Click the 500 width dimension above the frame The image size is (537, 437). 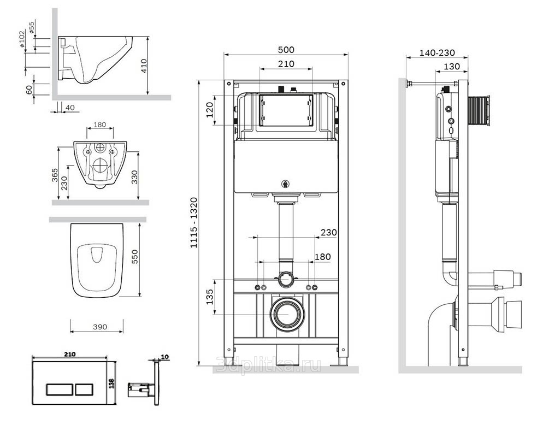(286, 50)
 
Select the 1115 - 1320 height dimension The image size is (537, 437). (194, 223)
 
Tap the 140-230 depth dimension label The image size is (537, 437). (437, 53)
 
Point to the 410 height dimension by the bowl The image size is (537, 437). (144, 66)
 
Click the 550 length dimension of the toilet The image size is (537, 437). (135, 257)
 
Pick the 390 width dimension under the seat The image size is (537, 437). (100, 327)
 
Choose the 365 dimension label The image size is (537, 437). (55, 175)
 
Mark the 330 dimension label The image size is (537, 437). (134, 177)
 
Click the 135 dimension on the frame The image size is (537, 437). (210, 297)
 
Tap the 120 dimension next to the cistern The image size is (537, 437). (210, 110)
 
